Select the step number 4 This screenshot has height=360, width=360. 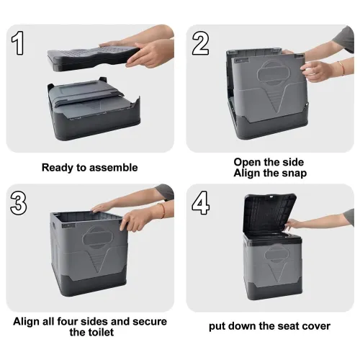coord(201,204)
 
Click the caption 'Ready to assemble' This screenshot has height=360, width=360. coord(89,168)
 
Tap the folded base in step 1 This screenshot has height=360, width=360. coord(90,108)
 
